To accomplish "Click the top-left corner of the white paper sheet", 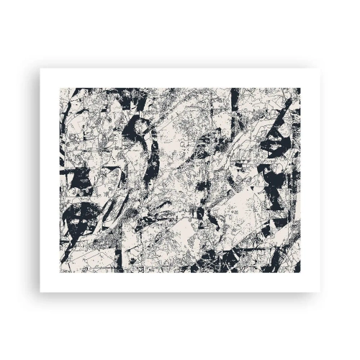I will click(x=40, y=69).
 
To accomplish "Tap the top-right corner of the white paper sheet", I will click(x=320, y=69).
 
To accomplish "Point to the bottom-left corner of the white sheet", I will click(x=40, y=292).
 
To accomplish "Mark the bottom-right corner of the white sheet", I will click(x=320, y=292).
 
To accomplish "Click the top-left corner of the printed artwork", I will click(x=60, y=89).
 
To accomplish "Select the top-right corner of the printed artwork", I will click(x=300, y=89).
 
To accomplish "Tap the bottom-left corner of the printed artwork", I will click(x=60, y=272).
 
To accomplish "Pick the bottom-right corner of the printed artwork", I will click(x=300, y=272).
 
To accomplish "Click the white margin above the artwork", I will click(x=180, y=78).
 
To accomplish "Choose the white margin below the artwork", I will click(x=180, y=282).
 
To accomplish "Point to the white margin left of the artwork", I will click(x=50, y=180).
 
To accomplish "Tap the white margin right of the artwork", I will click(x=310, y=180).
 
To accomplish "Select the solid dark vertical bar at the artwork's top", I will click(x=235, y=97).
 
